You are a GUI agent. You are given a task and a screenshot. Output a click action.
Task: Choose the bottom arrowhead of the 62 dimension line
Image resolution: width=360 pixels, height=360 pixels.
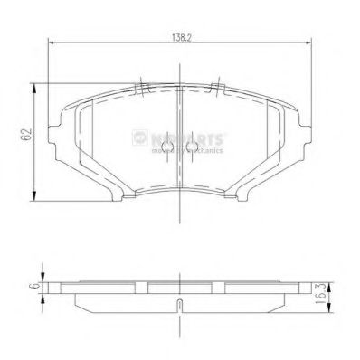(33, 200)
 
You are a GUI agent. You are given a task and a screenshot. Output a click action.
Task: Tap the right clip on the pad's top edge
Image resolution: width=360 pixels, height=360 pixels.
(217, 88)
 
